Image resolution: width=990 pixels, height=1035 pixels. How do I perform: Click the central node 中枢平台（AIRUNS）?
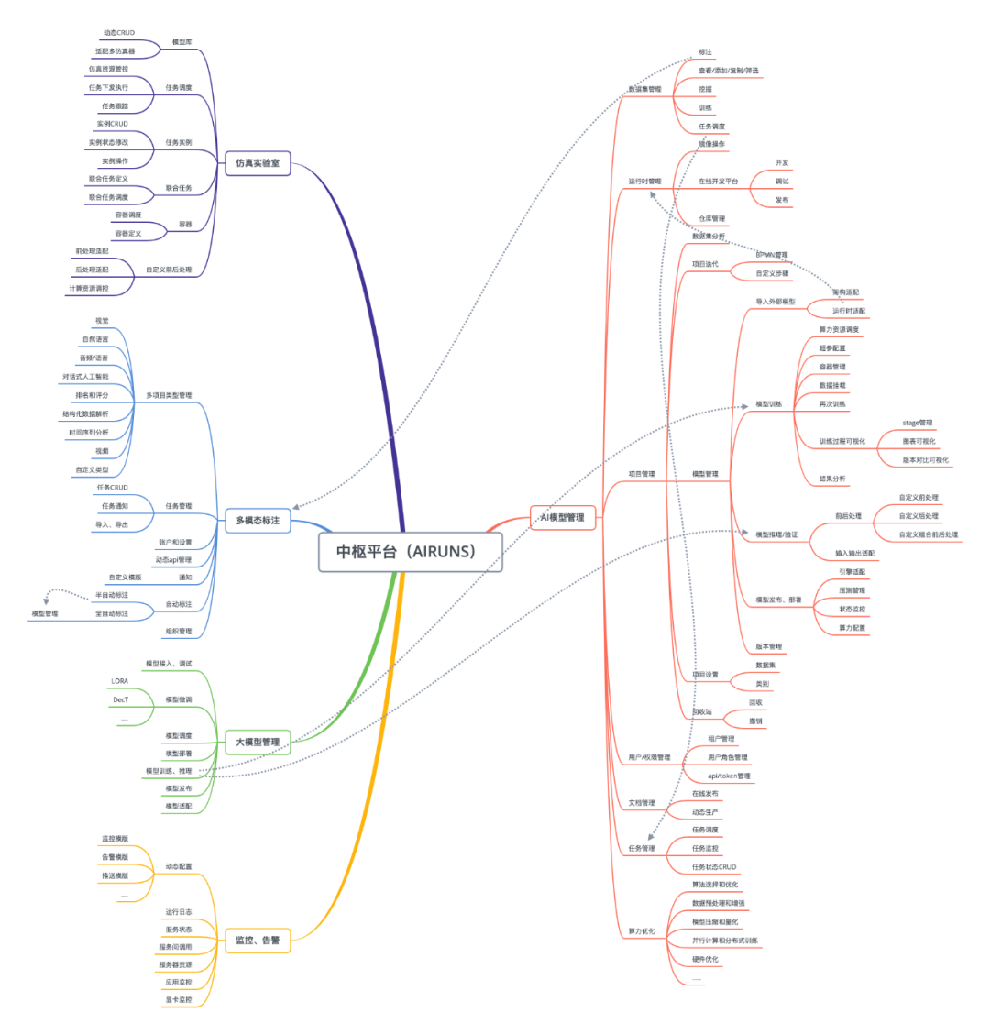(412, 552)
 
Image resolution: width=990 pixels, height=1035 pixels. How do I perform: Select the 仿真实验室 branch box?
(258, 163)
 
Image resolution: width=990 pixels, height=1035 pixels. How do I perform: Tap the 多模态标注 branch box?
(258, 521)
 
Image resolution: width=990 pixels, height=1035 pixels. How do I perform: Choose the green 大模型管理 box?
(258, 741)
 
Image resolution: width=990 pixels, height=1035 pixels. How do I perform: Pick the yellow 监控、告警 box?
(258, 940)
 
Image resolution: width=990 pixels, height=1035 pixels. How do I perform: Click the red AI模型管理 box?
(563, 517)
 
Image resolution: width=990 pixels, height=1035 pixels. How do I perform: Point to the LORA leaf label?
(120, 681)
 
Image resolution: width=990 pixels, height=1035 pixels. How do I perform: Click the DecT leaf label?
(120, 699)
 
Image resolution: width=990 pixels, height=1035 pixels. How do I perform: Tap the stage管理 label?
(917, 423)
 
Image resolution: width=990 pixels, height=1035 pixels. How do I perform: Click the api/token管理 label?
(729, 776)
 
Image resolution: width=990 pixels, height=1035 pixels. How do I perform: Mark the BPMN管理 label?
(771, 255)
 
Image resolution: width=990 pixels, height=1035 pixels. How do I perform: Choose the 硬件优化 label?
(705, 959)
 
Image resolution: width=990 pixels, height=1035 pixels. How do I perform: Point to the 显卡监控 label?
(179, 999)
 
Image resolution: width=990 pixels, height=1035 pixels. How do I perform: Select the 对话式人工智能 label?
(85, 377)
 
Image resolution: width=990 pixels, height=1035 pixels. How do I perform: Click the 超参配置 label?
(832, 348)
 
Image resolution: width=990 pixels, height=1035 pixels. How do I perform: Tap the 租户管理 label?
(720, 739)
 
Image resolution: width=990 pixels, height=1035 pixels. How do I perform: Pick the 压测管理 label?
(852, 590)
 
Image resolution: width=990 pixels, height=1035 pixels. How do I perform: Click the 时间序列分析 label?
(88, 432)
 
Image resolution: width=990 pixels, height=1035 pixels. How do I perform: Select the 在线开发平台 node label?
(719, 182)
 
